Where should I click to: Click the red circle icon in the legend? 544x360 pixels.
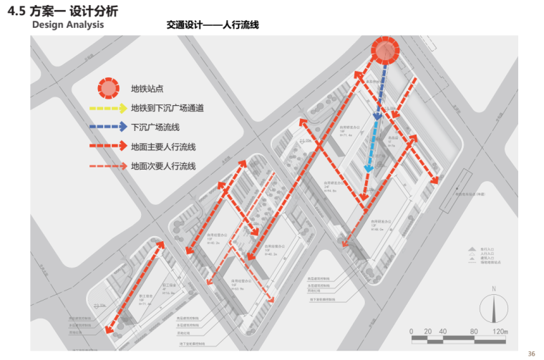pyautogui.click(x=108, y=88)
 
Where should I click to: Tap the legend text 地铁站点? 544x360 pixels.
pyautogui.click(x=147, y=89)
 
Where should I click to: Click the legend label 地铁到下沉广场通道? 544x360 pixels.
pyautogui.click(x=167, y=109)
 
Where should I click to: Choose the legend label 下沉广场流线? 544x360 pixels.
pyautogui.click(x=155, y=127)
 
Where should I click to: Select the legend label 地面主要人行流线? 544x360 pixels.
pyautogui.click(x=163, y=147)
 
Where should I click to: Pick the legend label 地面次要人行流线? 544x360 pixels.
pyautogui.click(x=163, y=166)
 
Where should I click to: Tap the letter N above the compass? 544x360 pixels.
pyautogui.click(x=494, y=289)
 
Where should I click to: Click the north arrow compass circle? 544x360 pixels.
pyautogui.click(x=494, y=308)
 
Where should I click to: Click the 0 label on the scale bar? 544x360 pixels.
pyautogui.click(x=412, y=332)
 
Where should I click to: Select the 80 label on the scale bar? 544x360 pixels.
pyautogui.click(x=472, y=332)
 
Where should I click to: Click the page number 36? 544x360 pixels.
pyautogui.click(x=531, y=353)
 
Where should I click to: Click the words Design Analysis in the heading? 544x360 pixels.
pyautogui.click(x=68, y=24)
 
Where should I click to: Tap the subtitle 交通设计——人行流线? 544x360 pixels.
pyautogui.click(x=213, y=24)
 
